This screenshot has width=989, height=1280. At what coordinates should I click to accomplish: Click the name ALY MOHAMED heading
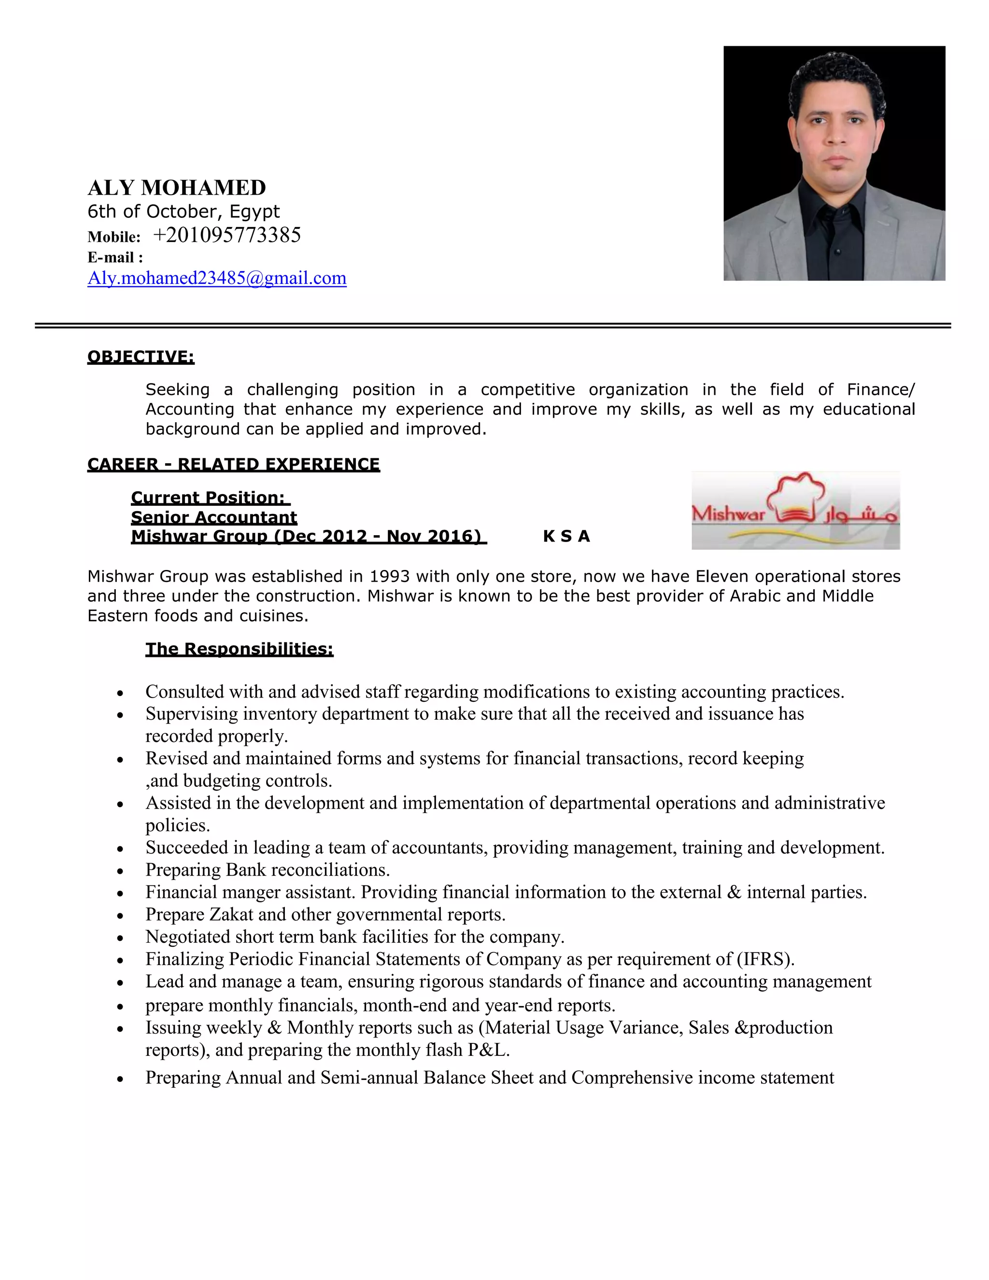(x=176, y=188)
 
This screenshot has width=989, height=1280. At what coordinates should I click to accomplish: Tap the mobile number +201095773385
(x=227, y=235)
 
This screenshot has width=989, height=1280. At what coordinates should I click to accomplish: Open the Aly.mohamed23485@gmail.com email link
(x=217, y=278)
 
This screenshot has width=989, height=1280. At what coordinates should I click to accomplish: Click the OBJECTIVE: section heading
(x=141, y=356)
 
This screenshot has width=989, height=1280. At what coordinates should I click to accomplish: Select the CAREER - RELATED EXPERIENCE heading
(x=233, y=464)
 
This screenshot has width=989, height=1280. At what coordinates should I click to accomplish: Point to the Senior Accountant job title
(x=214, y=517)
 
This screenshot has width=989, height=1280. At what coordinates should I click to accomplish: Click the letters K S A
(x=566, y=536)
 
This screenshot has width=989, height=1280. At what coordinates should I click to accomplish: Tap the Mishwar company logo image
(x=795, y=510)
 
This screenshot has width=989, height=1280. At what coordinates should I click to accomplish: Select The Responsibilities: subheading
(x=239, y=649)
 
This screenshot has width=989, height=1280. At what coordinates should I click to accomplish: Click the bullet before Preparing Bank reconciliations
(x=120, y=871)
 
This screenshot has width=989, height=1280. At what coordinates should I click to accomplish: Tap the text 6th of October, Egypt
(x=184, y=211)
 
